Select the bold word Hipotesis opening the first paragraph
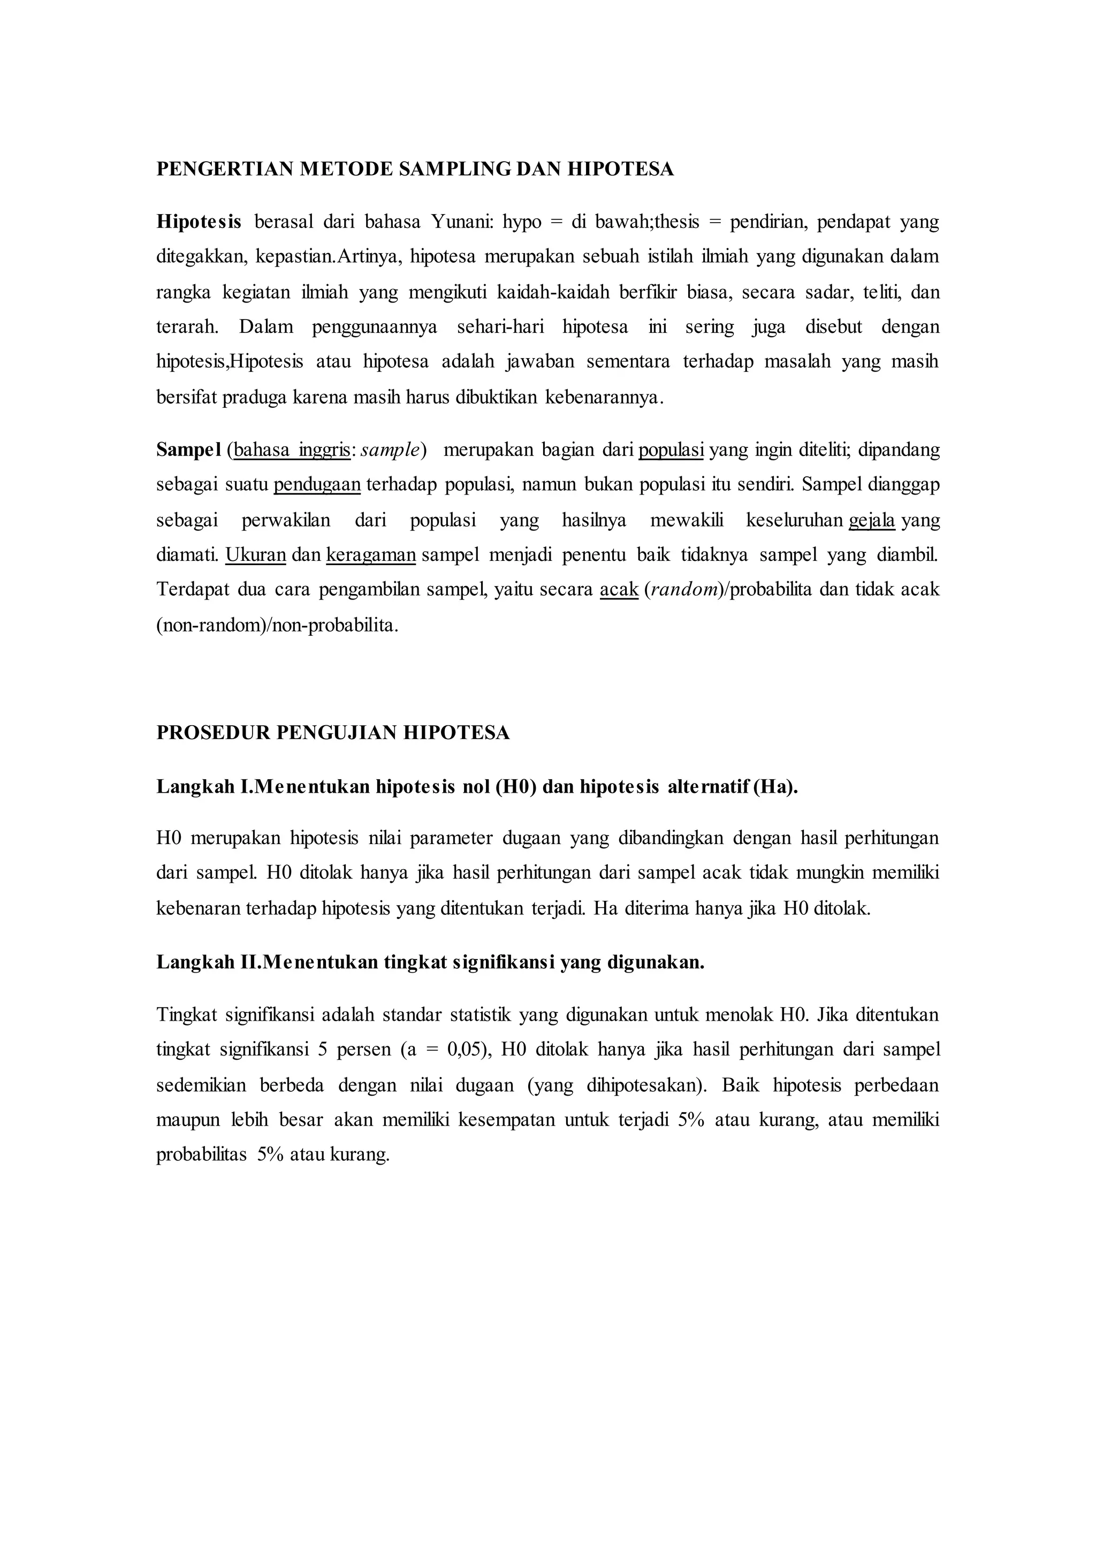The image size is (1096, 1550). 199,222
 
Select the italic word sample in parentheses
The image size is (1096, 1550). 390,450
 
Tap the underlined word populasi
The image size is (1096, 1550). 671,450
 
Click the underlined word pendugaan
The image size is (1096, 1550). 317,485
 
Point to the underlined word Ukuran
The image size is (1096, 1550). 256,555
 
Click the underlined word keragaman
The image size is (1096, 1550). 370,555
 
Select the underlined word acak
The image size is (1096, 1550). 619,590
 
